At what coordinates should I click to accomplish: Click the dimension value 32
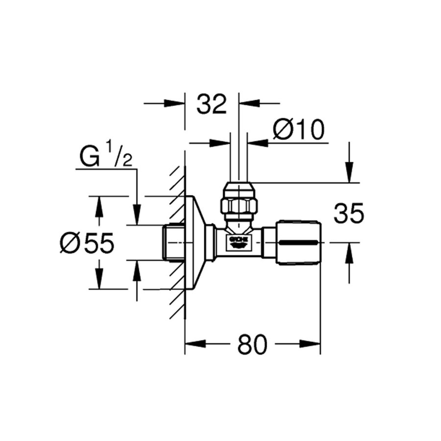point(212,104)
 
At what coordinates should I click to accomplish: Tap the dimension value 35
point(349,214)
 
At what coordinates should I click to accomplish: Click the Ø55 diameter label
point(87,243)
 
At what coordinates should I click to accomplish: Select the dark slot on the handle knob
point(299,243)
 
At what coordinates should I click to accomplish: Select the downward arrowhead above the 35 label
point(349,173)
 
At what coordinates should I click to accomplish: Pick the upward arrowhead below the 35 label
point(349,252)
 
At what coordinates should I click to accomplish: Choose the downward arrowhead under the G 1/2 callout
point(137,216)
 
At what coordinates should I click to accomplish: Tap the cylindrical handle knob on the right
point(299,243)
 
